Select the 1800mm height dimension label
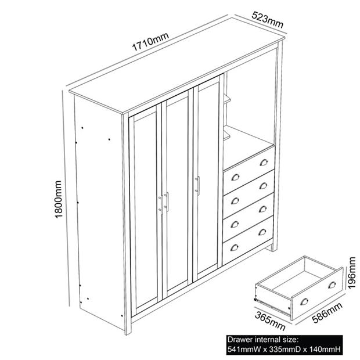pos(58,198)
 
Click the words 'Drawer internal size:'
pos(262,339)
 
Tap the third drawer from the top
pos(249,216)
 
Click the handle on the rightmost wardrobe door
pos(198,186)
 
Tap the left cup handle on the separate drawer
pos(304,301)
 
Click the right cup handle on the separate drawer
pos(332,285)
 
